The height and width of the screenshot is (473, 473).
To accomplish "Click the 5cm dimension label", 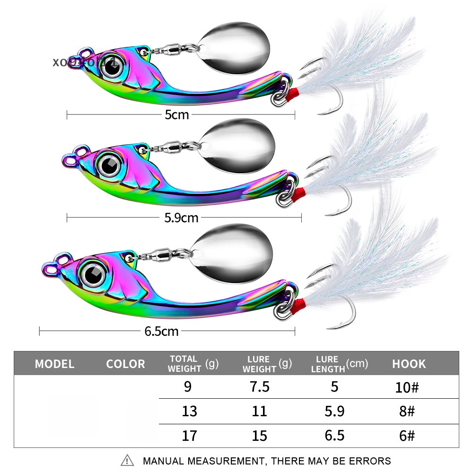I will (177, 114).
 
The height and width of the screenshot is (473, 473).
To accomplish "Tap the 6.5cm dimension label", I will (162, 331).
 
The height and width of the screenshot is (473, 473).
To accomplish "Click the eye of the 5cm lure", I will (112, 67).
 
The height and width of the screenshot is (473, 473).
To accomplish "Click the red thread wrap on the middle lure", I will (298, 193).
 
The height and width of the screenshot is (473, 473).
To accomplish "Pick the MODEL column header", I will (55, 364).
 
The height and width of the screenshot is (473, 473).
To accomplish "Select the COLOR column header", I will (125, 364).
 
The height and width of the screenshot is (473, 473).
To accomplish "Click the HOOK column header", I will (409, 364).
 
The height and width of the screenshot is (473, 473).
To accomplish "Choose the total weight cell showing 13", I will (189, 412).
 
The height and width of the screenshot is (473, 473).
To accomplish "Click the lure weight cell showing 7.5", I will (259, 387).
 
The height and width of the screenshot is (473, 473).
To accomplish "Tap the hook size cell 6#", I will (406, 436).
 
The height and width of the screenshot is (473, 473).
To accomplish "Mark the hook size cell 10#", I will (406, 387).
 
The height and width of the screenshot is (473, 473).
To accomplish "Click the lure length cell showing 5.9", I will (334, 412).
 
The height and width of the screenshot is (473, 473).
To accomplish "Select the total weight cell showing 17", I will (189, 436).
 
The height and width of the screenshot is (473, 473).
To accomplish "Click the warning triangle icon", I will (127, 461).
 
